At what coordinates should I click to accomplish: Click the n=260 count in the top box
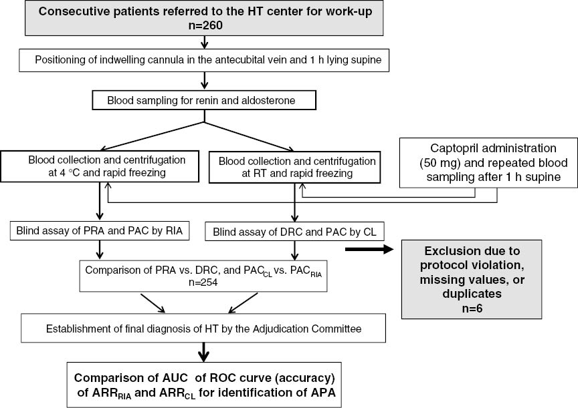[x=203, y=26]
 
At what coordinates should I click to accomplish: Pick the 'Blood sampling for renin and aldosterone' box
[x=203, y=101]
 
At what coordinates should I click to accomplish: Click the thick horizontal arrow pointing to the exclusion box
[x=372, y=249]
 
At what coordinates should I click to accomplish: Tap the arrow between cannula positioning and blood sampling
[x=203, y=81]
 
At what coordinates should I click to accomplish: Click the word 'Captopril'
[x=448, y=148]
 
